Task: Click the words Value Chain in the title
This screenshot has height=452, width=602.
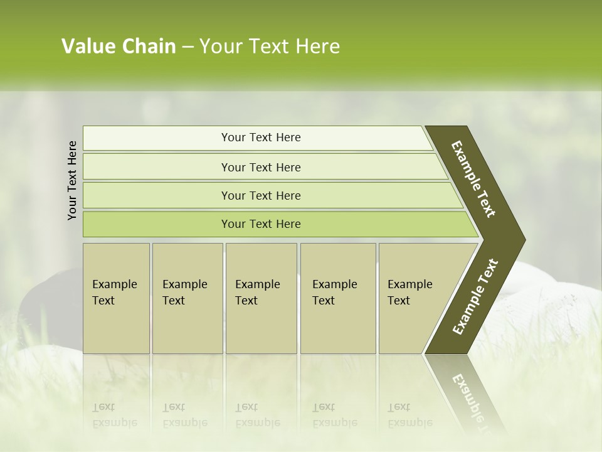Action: pyautogui.click(x=119, y=46)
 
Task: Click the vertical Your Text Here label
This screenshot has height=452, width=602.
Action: pyautogui.click(x=72, y=180)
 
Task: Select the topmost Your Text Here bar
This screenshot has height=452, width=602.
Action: pyautogui.click(x=260, y=137)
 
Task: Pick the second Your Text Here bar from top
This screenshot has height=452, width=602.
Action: pyautogui.click(x=260, y=167)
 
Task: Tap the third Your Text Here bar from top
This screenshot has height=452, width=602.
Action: pyautogui.click(x=260, y=195)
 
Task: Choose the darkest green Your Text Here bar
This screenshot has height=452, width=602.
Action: pyautogui.click(x=260, y=224)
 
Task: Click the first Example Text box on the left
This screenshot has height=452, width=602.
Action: pyautogui.click(x=116, y=298)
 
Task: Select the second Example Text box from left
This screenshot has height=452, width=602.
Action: pyautogui.click(x=187, y=298)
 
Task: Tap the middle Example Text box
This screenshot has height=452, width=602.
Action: pyautogui.click(x=261, y=298)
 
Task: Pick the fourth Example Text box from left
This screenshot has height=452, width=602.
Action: pyautogui.click(x=337, y=298)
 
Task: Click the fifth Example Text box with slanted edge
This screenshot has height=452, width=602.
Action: pyautogui.click(x=414, y=298)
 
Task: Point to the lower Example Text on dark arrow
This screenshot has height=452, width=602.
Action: pyautogui.click(x=475, y=296)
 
